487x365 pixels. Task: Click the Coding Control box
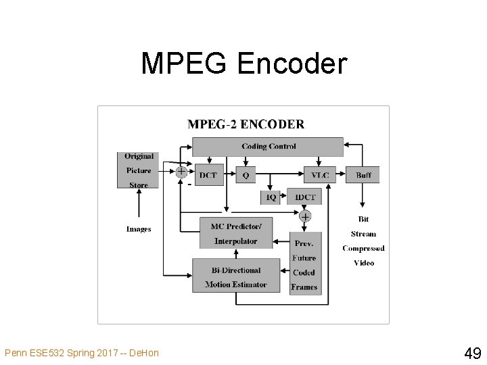click(268, 147)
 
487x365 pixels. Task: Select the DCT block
click(208, 175)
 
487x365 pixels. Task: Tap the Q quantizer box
click(245, 175)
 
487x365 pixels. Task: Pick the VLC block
click(320, 175)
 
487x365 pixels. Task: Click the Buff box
click(363, 175)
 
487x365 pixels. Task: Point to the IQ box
click(270, 197)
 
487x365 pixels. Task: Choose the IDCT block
click(304, 197)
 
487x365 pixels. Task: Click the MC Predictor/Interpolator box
click(235, 233)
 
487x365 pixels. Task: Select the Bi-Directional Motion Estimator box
click(235, 277)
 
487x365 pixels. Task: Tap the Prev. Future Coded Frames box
click(304, 265)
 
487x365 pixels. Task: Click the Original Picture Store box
click(139, 170)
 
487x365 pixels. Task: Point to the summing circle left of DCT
click(181, 172)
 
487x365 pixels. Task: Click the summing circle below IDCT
click(305, 217)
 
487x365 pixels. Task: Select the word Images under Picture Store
click(139, 229)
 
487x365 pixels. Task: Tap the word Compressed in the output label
click(363, 249)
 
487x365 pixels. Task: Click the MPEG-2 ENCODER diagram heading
click(246, 124)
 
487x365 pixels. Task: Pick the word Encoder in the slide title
click(292, 64)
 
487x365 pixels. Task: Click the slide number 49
click(472, 352)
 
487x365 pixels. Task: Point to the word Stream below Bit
click(363, 234)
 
